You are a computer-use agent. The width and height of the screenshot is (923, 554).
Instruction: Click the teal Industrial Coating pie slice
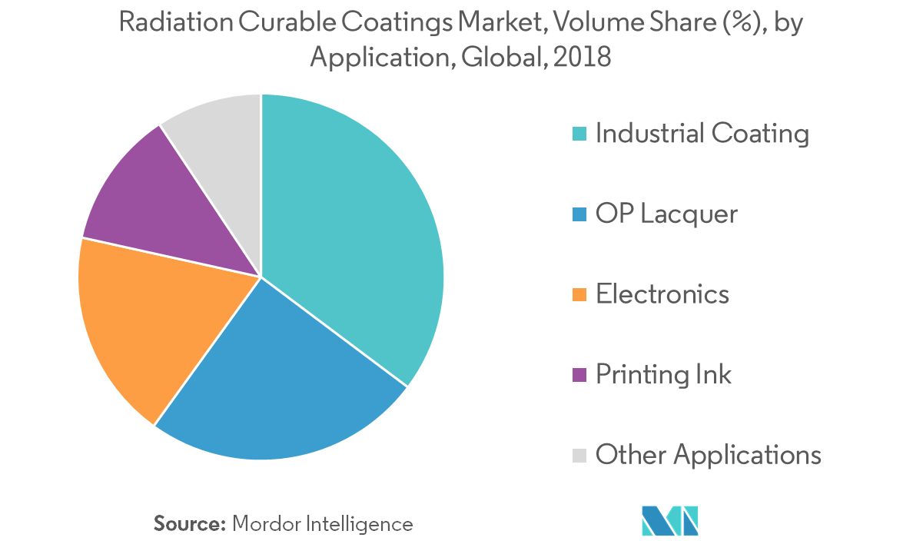354,231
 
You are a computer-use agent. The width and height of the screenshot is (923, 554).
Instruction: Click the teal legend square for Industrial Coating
579,134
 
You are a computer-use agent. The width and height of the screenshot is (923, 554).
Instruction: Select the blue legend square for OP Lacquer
579,214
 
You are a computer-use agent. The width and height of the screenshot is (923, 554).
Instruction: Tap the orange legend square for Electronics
579,294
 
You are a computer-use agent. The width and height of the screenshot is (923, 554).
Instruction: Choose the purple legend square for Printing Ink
579,375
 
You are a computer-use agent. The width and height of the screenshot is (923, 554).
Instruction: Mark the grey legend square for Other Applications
579,455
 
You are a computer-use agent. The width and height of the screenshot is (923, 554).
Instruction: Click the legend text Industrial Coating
702,134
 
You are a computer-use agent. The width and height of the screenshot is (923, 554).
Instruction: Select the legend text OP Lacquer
666,214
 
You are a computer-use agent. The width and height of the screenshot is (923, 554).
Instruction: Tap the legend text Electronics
662,294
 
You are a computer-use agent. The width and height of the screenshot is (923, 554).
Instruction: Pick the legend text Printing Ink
663,375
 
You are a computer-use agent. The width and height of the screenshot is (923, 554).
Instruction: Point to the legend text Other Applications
709,455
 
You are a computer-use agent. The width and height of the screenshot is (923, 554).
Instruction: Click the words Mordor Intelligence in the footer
323,524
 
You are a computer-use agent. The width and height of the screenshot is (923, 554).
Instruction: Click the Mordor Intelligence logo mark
670,520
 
